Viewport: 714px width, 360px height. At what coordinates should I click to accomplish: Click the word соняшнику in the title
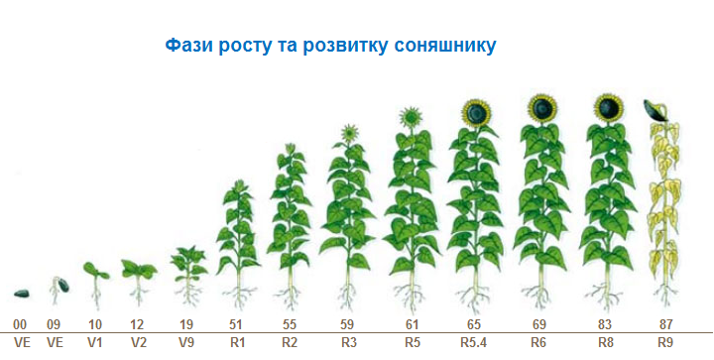443,46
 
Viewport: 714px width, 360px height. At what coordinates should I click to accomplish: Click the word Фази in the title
186,46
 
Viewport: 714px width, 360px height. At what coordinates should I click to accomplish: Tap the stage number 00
20,324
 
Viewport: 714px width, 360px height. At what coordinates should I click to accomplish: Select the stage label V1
95,341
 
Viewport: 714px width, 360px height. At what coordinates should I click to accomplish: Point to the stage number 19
185,324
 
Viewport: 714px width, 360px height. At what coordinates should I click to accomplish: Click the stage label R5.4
475,341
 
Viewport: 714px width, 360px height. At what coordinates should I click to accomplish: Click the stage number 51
237,324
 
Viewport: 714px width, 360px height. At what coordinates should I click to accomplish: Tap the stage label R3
349,341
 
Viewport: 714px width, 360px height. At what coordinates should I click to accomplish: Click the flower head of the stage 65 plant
480,111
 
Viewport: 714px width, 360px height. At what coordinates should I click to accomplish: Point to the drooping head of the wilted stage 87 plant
655,110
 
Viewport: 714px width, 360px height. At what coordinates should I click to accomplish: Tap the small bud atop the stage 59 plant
349,131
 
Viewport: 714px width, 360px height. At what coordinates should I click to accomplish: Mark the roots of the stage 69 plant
541,295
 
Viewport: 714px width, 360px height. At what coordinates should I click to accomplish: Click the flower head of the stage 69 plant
541,106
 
